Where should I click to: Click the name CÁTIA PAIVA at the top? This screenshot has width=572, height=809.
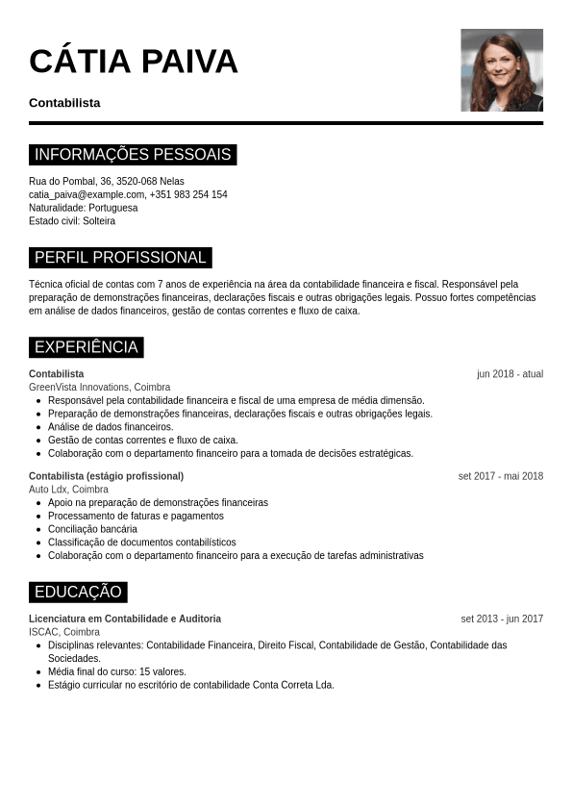click(x=134, y=62)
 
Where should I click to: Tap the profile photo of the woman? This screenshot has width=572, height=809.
click(x=501, y=70)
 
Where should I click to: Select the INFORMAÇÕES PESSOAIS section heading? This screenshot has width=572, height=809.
click(x=133, y=155)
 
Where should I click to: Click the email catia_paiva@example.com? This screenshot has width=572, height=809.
click(x=87, y=194)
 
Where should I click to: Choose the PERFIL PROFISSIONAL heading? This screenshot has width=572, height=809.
click(x=120, y=258)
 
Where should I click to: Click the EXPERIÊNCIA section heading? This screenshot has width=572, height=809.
click(x=87, y=347)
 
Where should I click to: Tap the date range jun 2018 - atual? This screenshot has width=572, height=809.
click(x=510, y=374)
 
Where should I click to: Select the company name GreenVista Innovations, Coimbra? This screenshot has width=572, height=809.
click(x=99, y=387)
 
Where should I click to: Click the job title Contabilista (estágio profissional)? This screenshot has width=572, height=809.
click(x=106, y=476)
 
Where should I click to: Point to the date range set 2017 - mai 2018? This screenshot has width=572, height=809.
click(x=500, y=476)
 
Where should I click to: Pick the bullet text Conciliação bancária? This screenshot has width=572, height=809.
click(x=92, y=529)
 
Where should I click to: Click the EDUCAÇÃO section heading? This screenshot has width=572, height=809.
click(x=78, y=592)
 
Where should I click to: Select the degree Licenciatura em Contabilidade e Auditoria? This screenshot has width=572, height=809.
click(x=125, y=619)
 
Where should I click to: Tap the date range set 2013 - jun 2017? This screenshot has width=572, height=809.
click(x=502, y=619)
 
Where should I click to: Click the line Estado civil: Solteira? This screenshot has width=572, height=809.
click(x=72, y=221)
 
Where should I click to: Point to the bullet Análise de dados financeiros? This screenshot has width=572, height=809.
click(x=111, y=427)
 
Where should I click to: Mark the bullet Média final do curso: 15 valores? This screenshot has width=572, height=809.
click(x=117, y=671)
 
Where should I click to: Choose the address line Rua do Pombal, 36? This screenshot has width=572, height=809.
click(x=63, y=181)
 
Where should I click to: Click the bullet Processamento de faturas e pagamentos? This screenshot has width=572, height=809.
click(x=136, y=516)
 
